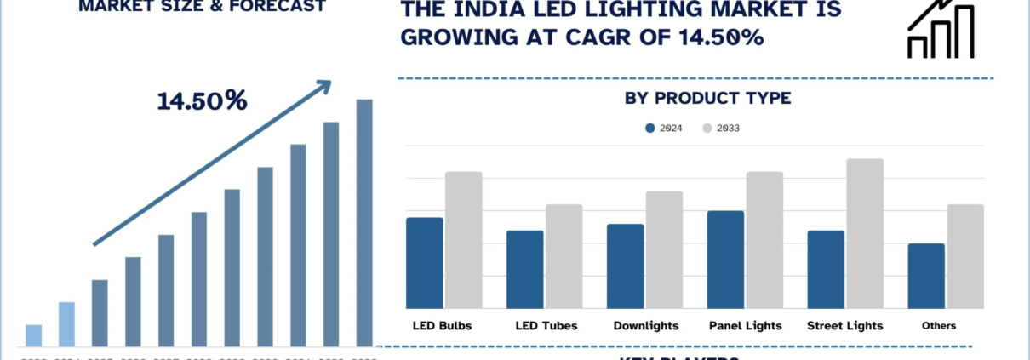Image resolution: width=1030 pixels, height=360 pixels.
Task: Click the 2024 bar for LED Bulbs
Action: pyautogui.click(x=425, y=263)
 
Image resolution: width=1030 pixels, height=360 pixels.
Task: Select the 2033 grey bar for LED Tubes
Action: pyautogui.click(x=564, y=256)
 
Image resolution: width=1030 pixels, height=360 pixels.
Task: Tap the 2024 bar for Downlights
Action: pyautogui.click(x=625, y=266)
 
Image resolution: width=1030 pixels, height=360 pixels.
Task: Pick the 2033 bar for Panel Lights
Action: pyautogui.click(x=764, y=240)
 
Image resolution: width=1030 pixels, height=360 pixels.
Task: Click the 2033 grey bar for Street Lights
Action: pyautogui.click(x=865, y=233)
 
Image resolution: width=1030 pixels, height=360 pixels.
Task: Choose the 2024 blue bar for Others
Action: pyautogui.click(x=926, y=276)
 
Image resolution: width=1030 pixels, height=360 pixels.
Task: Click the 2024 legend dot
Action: pyautogui.click(x=650, y=129)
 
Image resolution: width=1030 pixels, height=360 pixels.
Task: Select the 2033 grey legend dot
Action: pyautogui.click(x=707, y=129)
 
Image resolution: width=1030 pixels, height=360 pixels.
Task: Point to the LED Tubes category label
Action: pyautogui.click(x=546, y=326)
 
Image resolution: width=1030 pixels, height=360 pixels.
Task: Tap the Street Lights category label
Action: pyautogui.click(x=844, y=326)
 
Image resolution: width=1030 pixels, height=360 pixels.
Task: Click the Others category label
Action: pyautogui.click(x=938, y=326)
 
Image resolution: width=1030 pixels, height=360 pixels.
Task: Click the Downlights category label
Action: pyautogui.click(x=646, y=326)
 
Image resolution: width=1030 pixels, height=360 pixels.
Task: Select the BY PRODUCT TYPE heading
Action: pyautogui.click(x=707, y=99)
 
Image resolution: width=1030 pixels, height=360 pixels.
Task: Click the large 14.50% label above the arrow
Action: pyautogui.click(x=202, y=101)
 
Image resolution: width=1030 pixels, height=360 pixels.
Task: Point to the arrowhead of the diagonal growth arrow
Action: pyautogui.click(x=324, y=84)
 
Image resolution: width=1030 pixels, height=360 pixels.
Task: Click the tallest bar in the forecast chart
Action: pyautogui.click(x=364, y=223)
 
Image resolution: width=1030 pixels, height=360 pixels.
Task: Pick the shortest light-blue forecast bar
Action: pyautogui.click(x=33, y=336)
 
